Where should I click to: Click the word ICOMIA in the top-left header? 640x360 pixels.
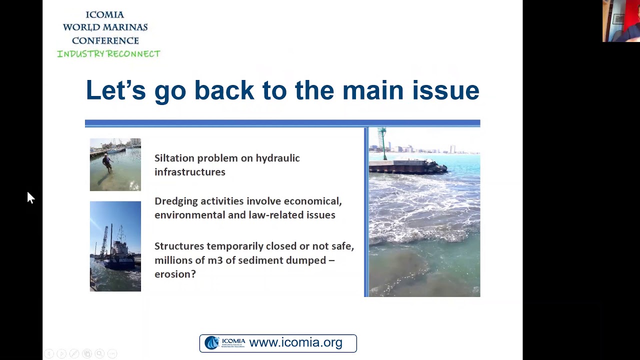point(105,14)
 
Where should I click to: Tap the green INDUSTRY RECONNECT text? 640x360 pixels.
point(108,54)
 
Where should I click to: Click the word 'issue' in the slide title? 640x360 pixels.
point(445,90)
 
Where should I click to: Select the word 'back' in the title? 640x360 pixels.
point(224,90)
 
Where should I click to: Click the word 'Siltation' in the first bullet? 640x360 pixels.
point(174,158)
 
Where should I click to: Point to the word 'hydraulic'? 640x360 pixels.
point(277,158)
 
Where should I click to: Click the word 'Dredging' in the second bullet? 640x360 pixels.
point(175,201)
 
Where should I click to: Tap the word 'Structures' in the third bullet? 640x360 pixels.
point(179,246)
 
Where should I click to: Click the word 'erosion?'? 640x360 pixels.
point(175,274)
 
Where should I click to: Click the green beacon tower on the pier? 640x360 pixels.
point(383,142)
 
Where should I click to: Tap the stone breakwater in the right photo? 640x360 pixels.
point(407,166)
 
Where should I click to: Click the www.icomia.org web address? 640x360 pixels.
point(295,343)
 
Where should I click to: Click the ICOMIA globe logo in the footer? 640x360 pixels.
point(212,342)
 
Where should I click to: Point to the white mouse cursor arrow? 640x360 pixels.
point(30,197)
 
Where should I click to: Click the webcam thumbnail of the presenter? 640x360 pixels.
point(621,21)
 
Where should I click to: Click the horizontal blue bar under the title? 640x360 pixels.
point(282,123)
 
